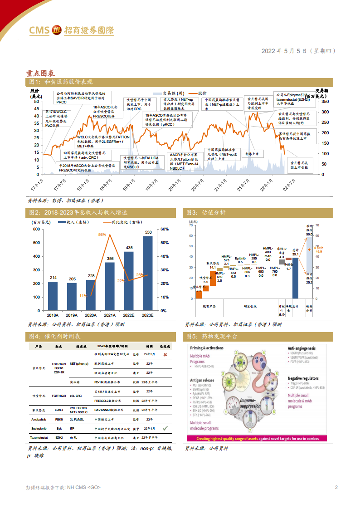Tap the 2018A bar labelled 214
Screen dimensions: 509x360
coord(53,295)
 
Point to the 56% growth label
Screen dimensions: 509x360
coord(102,235)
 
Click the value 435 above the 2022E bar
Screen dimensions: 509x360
coord(129,248)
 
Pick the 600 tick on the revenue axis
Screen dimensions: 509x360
coord(36,229)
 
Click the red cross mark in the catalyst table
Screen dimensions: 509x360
coord(165,354)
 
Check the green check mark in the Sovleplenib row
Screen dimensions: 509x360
coord(165,428)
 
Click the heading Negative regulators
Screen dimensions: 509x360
coord(310,378)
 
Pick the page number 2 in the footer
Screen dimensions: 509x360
coord(336,488)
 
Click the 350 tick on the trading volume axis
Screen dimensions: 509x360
coord(325,102)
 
